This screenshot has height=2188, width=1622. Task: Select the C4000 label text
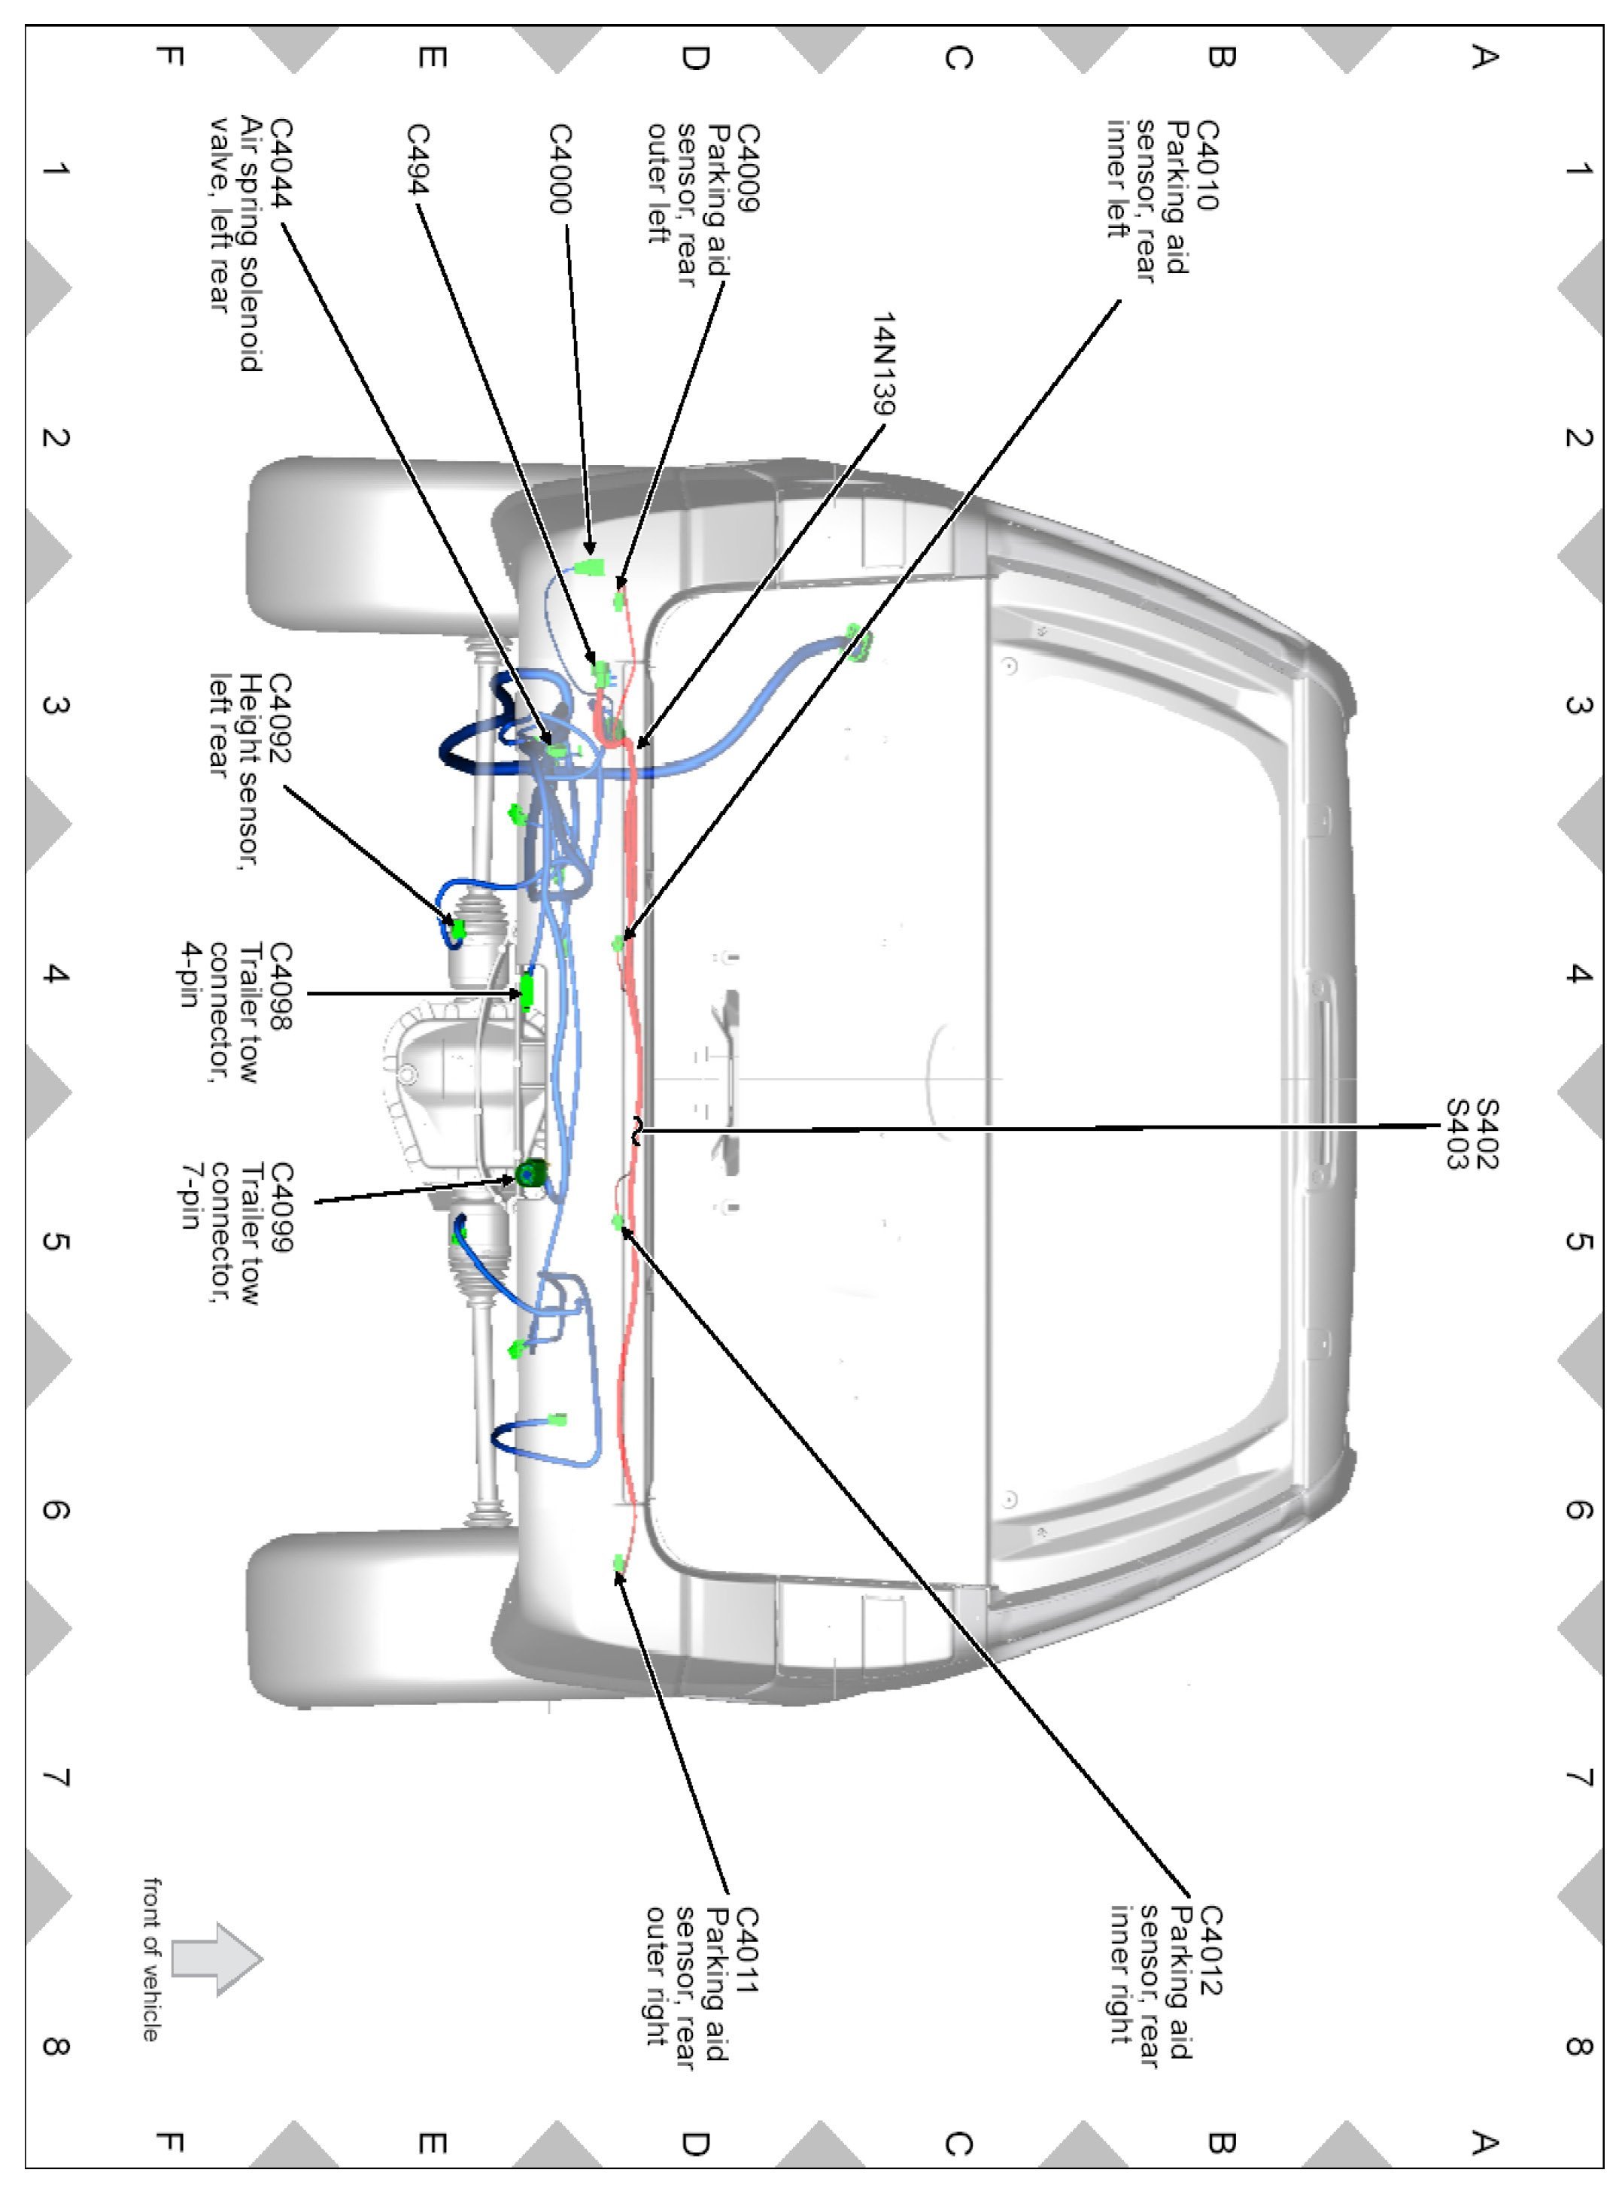point(560,168)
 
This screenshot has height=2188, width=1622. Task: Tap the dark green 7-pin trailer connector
point(532,1171)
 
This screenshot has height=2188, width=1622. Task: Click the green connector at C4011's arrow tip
point(618,1563)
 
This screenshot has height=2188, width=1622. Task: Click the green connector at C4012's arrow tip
point(618,1222)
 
